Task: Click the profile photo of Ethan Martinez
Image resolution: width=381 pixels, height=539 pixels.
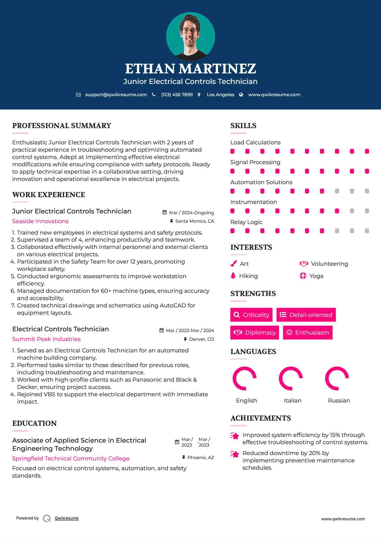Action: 190,36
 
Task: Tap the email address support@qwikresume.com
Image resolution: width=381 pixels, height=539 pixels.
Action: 116,95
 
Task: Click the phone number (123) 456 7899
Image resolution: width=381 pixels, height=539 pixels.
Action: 177,95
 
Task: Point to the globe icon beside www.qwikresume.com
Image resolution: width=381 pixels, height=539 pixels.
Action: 241,95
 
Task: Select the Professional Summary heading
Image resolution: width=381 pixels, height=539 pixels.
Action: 62,126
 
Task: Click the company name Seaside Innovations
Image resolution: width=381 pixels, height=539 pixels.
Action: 40,221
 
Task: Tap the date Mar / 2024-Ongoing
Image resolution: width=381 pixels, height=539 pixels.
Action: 191,213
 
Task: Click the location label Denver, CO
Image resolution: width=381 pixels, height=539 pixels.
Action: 201,339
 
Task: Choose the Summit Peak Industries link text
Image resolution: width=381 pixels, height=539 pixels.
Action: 46,339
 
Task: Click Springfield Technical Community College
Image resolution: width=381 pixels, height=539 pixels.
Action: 71,459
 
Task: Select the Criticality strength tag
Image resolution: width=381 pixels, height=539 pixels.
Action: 251,315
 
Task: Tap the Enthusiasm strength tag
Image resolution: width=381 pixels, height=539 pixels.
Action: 308,333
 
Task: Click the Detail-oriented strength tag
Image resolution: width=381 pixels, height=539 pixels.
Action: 306,315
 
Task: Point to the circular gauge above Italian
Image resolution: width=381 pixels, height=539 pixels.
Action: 291,378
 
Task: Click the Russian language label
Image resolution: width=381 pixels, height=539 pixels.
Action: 339,401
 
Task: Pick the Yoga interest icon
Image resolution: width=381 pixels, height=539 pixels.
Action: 303,276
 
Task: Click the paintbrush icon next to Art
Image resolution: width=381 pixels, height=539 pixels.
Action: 233,264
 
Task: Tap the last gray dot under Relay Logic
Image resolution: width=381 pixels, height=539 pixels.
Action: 367,231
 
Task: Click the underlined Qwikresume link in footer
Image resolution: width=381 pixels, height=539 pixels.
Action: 67,518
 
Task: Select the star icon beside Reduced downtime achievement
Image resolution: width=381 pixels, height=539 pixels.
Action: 235,454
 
